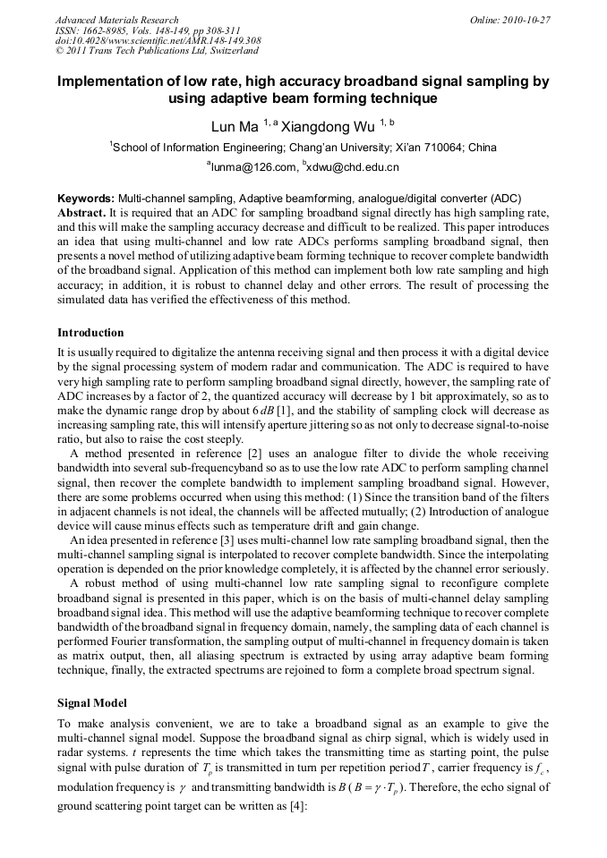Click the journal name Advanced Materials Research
pos(116,20)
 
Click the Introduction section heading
pos(90,333)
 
